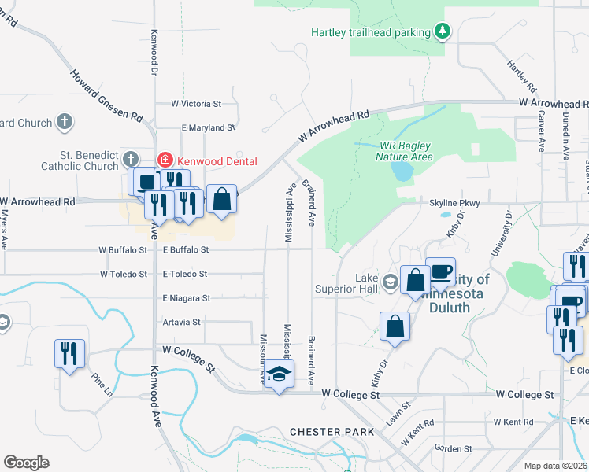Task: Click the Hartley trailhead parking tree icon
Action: [443, 31]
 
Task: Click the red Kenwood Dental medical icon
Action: [165, 160]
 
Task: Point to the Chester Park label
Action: [325, 432]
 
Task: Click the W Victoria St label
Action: [197, 103]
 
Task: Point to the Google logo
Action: [26, 462]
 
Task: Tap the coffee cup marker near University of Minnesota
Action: [440, 271]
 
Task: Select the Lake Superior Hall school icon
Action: [390, 282]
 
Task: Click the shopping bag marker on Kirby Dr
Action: [395, 326]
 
